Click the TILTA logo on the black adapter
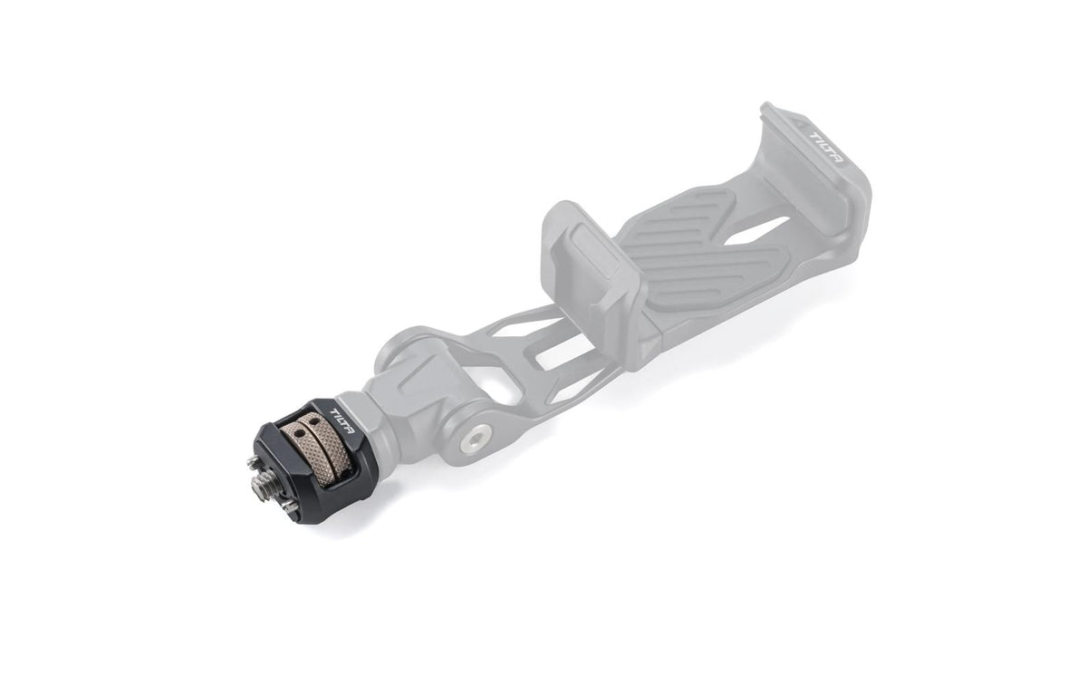tap(342, 421)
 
